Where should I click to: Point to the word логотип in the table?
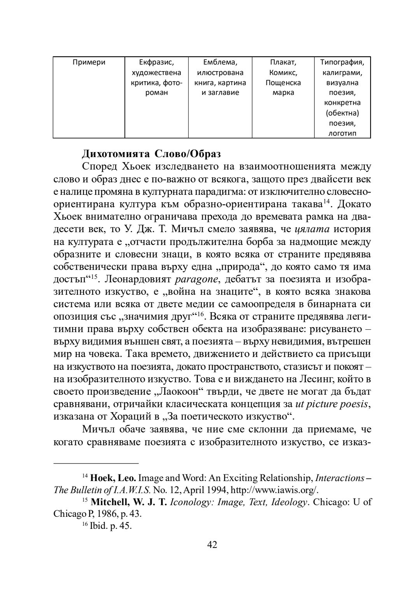point(342,133)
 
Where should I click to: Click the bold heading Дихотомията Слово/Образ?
point(151,154)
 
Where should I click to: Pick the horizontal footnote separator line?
point(96,464)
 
